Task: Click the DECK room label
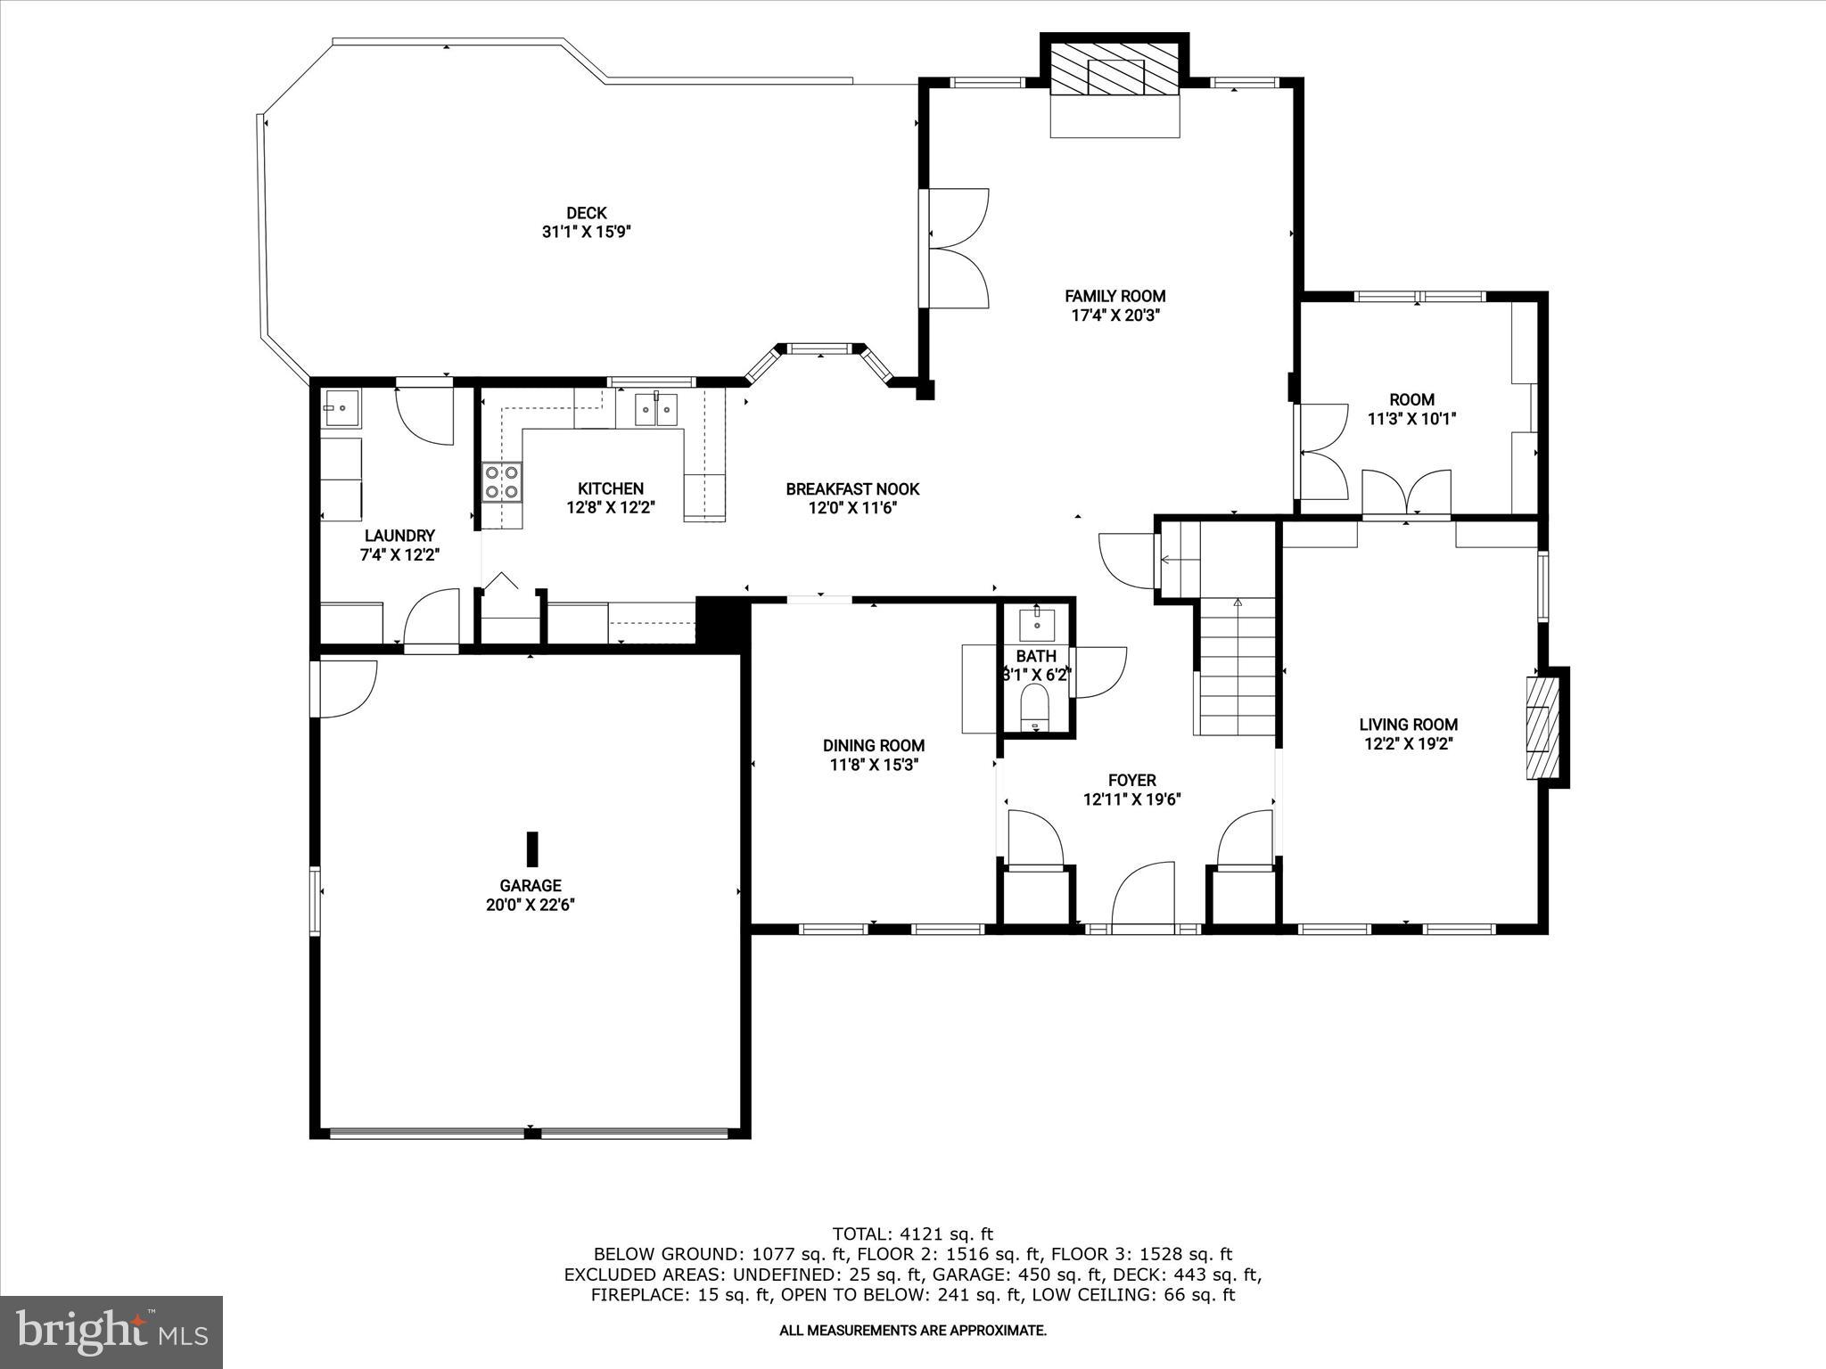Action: pos(586,213)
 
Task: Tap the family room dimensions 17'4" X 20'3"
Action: pos(1115,316)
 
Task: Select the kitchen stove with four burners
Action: pos(502,482)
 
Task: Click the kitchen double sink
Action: pos(655,410)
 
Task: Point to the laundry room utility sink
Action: pos(341,408)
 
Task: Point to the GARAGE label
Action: pos(531,885)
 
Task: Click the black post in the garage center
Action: pos(532,848)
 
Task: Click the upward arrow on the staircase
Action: pos(1237,603)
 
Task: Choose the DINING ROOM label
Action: pos(873,745)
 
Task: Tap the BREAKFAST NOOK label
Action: pos(852,489)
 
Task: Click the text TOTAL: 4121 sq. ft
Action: pos(912,1234)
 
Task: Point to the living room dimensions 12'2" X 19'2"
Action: pos(1409,744)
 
